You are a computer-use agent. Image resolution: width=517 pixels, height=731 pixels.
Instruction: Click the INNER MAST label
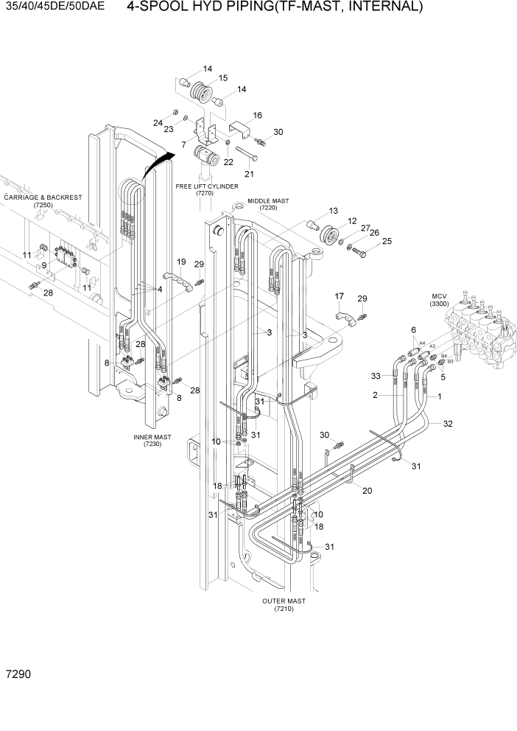(x=152, y=441)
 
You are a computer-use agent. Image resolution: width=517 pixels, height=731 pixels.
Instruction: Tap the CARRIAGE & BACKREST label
(x=43, y=201)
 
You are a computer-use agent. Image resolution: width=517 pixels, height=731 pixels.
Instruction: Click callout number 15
(x=222, y=77)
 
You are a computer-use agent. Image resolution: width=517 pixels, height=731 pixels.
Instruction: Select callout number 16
(x=257, y=115)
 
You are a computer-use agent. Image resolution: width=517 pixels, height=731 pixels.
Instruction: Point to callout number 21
(x=249, y=174)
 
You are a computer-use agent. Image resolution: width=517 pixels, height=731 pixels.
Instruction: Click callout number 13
(x=334, y=210)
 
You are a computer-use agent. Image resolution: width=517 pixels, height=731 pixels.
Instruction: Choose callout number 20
(x=367, y=492)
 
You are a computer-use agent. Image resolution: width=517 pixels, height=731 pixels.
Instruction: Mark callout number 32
(x=448, y=424)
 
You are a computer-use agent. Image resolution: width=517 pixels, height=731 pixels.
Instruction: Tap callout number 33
(x=376, y=376)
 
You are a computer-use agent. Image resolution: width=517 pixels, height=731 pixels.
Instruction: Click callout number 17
(x=340, y=296)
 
